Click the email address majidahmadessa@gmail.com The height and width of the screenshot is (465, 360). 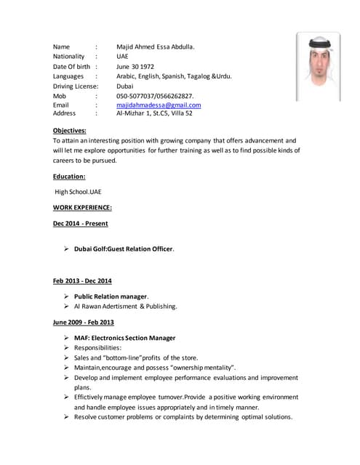159,105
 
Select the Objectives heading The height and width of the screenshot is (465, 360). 70,130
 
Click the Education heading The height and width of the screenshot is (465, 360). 69,176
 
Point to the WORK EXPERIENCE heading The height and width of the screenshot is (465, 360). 82,207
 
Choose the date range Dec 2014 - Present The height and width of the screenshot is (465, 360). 80,224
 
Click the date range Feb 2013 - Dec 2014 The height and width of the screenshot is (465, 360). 82,280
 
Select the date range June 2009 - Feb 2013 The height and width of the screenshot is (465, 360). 84,322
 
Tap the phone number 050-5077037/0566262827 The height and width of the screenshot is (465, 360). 155,95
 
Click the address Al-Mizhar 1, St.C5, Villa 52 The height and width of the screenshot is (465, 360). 154,113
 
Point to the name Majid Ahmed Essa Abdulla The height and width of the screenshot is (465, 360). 156,47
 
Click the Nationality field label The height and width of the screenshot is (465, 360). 69,56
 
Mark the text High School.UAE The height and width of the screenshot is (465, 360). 79,192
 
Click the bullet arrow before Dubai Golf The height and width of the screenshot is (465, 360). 66,249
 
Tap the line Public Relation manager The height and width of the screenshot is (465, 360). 111,296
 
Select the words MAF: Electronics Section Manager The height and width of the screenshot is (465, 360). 124,338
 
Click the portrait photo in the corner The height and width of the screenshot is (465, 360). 318,67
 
